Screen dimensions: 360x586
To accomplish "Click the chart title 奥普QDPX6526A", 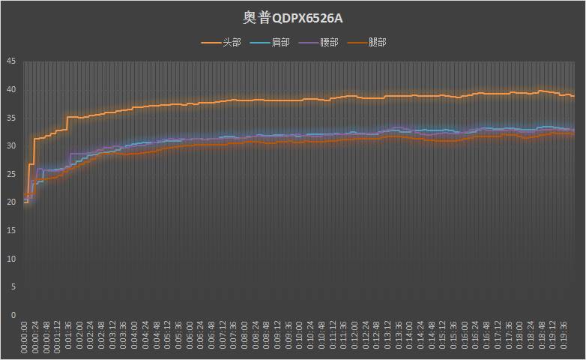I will (293, 16).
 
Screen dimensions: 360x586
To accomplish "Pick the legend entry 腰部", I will (329, 43).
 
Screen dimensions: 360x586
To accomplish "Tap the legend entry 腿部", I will (378, 43).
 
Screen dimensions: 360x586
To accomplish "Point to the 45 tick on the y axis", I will (11, 61).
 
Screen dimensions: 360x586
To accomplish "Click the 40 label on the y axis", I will (11, 90).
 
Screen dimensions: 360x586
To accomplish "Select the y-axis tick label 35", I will (11, 118).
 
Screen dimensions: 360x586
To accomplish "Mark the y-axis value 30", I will (11, 145).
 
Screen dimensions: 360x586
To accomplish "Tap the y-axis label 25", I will (11, 174).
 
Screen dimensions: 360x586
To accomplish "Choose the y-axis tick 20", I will (11, 202).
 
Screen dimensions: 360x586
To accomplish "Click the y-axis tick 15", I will (11, 230).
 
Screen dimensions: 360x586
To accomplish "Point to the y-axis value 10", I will (11, 259).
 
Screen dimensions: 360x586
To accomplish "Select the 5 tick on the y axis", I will (13, 286).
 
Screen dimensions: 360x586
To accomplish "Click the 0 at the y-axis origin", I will (13, 315).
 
